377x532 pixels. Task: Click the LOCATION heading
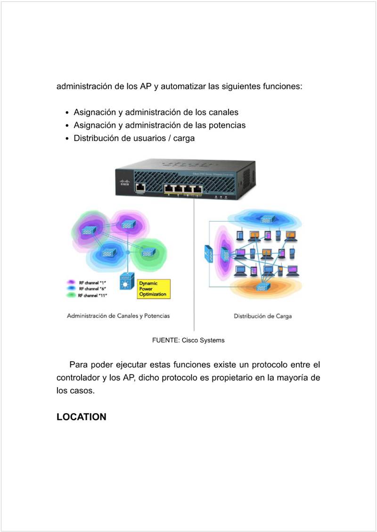click(81, 417)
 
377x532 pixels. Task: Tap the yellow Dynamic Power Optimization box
click(153, 289)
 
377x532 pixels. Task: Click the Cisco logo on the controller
click(125, 183)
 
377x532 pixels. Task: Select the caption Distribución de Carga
click(262, 316)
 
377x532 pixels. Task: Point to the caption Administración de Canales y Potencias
click(118, 316)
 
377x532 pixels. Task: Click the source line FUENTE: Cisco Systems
click(188, 340)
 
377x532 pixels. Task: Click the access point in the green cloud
click(148, 253)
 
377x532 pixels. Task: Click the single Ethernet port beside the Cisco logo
click(140, 187)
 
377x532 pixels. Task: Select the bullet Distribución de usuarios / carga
click(134, 139)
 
